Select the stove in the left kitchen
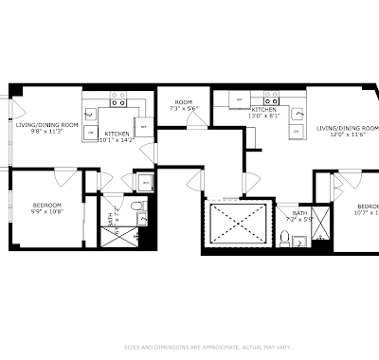(120, 96)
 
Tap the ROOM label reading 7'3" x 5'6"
(183, 102)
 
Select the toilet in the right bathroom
(285, 234)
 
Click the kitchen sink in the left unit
(90, 115)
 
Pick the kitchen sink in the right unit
(298, 115)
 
